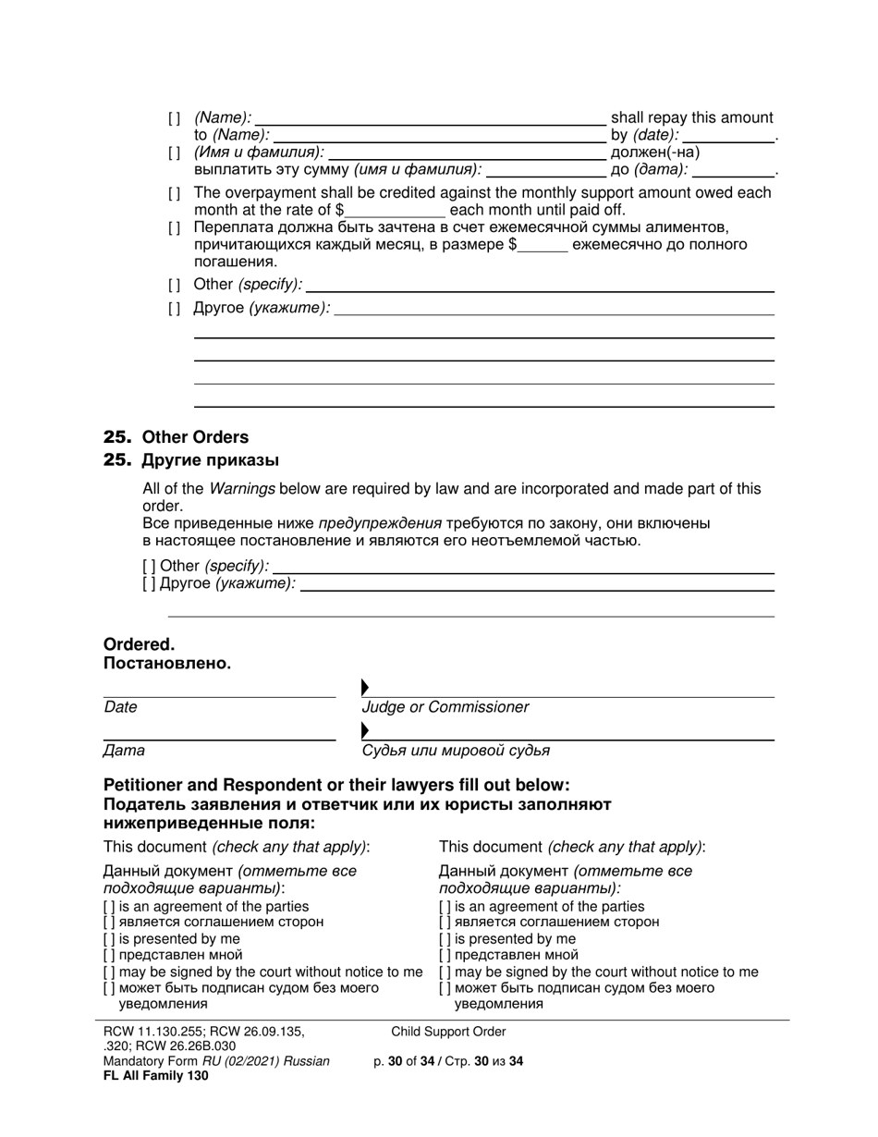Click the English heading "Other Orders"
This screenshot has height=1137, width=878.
tap(195, 437)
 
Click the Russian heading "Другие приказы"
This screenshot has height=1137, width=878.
tap(210, 460)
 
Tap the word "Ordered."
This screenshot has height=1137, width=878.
tap(139, 644)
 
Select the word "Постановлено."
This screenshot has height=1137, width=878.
tap(167, 664)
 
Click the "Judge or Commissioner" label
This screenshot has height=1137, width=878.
tap(445, 707)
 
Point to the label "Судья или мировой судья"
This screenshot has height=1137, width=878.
tap(456, 751)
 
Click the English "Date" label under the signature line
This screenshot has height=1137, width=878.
tap(120, 707)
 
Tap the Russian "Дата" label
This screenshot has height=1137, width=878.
tap(124, 751)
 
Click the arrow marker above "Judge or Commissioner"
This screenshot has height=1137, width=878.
tap(365, 687)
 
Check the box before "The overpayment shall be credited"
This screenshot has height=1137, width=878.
tap(175, 193)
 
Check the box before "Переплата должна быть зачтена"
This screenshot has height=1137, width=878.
tap(175, 228)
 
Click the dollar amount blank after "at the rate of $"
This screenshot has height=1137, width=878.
tap(395, 210)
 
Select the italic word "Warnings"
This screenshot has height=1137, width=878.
tap(242, 489)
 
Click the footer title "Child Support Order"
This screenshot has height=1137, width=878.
tap(448, 1032)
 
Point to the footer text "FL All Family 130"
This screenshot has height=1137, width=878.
tap(156, 1076)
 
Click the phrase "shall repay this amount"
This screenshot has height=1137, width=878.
tap(691, 117)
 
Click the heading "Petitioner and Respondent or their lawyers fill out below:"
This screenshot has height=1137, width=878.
tap(336, 786)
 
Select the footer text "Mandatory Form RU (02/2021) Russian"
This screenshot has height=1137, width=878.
tap(216, 1061)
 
